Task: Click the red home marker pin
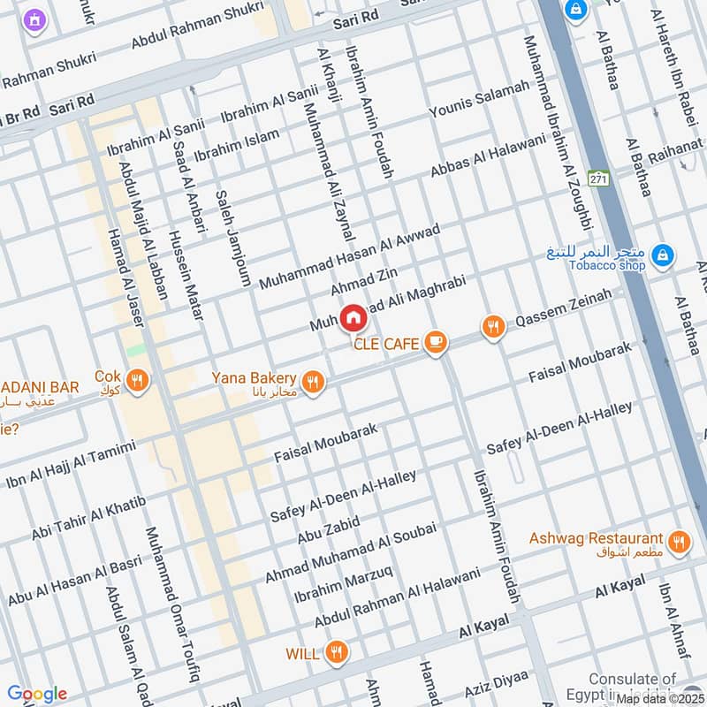pos(353,317)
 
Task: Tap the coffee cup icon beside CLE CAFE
pos(435,342)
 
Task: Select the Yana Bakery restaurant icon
pos(312,382)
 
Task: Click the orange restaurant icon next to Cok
pos(137,381)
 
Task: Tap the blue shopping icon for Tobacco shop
pos(661,257)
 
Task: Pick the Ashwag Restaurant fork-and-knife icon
pos(679,541)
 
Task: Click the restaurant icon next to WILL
pos(336,653)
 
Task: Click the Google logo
pos(36,694)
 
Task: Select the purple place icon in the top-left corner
pos(34,19)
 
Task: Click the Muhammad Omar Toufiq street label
pos(171,605)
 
